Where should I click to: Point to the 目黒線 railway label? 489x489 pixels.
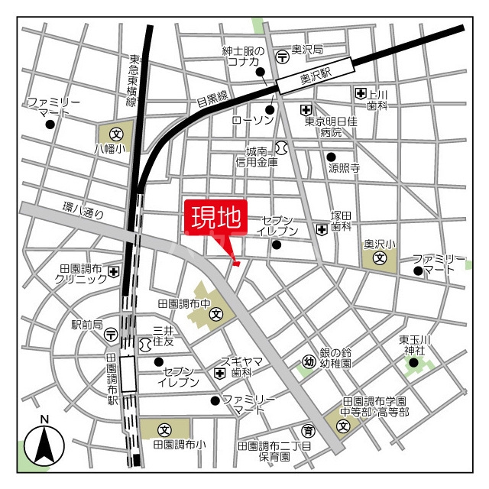pos(212,98)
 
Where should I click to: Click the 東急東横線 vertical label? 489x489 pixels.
pos(133,80)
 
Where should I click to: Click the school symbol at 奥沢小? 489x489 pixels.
pos(380,258)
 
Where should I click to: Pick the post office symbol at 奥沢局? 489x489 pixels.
pos(283,55)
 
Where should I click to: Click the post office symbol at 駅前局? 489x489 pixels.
pos(112,333)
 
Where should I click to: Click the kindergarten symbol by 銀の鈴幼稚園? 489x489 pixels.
pos(309,361)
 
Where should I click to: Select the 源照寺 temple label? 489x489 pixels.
pos(344,168)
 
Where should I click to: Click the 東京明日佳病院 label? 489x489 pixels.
pos(330,127)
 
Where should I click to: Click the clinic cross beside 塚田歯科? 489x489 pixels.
pos(322,228)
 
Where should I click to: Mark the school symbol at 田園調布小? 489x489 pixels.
pos(164,429)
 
